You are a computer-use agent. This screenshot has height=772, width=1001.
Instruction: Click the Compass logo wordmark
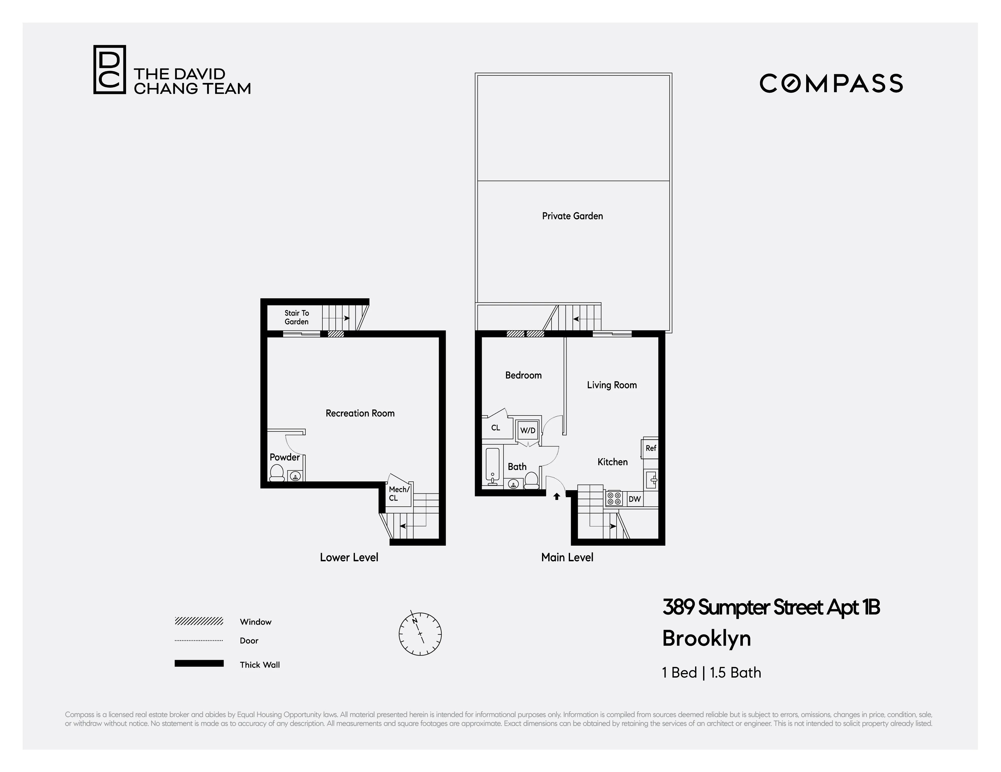(x=831, y=83)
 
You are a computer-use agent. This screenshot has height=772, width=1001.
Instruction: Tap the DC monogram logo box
(x=110, y=70)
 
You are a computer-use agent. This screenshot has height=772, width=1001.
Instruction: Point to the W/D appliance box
(x=528, y=430)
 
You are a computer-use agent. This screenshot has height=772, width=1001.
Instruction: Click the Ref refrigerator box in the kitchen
(x=650, y=448)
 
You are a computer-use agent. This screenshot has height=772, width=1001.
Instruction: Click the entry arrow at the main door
(x=557, y=496)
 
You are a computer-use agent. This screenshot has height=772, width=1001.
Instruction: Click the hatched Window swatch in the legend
(x=199, y=621)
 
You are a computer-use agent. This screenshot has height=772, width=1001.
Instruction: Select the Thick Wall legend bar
(x=199, y=664)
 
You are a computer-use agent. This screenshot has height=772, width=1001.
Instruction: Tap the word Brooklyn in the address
(x=706, y=638)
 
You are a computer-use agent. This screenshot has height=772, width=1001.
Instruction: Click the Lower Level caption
(x=349, y=557)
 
